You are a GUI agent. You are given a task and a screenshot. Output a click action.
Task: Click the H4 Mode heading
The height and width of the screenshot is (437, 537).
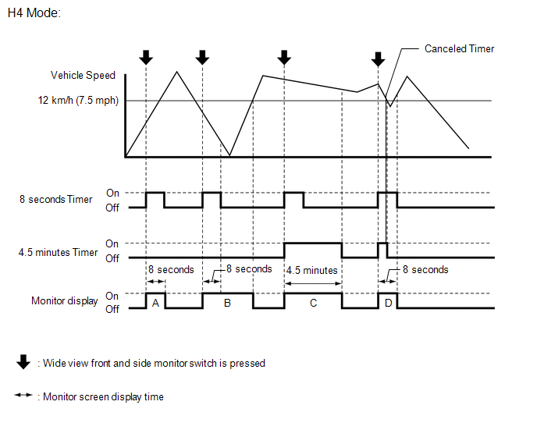tap(33, 13)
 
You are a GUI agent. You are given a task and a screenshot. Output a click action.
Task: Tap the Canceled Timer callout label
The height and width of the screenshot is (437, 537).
tap(459, 48)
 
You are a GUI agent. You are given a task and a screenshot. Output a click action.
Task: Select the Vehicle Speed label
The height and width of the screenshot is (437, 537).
tap(83, 76)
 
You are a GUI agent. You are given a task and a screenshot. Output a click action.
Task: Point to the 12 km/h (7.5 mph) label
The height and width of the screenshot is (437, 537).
tap(77, 101)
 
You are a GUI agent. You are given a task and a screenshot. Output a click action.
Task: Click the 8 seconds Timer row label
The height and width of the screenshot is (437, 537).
tap(56, 200)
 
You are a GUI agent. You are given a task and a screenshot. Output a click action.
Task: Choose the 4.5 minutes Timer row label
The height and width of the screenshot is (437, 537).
tap(59, 253)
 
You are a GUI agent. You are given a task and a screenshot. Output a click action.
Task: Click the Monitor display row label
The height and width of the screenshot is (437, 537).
tap(65, 301)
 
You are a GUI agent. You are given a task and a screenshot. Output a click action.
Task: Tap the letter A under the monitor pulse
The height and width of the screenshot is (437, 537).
tap(155, 303)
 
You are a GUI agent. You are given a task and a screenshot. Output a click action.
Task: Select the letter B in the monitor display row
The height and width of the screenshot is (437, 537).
tap(227, 303)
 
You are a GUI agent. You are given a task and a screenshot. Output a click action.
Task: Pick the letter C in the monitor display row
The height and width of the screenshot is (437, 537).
tap(313, 303)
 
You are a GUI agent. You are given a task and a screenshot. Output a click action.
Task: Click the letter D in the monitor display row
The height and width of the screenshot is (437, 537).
tap(388, 303)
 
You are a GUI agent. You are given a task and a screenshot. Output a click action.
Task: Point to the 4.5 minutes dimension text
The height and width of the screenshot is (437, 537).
tap(312, 270)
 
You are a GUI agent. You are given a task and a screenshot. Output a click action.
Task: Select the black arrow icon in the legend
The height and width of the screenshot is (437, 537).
tap(23, 362)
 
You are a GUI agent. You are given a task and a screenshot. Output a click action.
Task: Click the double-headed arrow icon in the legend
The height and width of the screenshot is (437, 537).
tap(23, 396)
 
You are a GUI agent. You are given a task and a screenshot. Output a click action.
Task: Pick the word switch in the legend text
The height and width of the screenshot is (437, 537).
tap(196, 363)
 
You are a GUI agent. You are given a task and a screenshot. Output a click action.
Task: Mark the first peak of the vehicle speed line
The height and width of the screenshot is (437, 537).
tap(177, 72)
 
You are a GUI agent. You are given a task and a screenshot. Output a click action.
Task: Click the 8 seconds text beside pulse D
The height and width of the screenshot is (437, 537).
tap(425, 270)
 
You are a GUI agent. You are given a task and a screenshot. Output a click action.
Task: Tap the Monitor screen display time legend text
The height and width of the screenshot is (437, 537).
tap(103, 396)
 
